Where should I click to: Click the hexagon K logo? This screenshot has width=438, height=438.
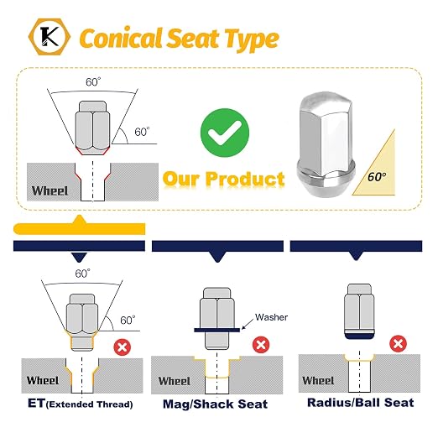50,37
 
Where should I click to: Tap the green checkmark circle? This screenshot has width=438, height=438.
225,133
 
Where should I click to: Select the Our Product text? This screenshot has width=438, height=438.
224,179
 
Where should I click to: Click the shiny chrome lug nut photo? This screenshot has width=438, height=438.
326,143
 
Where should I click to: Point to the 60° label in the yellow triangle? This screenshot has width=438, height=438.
377,176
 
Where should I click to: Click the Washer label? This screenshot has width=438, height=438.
271,317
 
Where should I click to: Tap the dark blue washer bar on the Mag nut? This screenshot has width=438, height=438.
217,330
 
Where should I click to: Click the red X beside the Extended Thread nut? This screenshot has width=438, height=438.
123,347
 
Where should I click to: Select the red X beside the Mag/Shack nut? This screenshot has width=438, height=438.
261,345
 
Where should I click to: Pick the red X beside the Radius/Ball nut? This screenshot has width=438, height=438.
398,343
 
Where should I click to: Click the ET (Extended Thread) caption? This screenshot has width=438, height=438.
81,404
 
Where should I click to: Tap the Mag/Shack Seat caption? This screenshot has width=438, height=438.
215,404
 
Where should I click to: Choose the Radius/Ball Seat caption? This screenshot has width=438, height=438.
361,403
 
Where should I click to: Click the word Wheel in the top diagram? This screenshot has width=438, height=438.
50,190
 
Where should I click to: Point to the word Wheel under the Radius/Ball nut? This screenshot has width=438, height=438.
318,380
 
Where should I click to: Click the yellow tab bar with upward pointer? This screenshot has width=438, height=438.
80,226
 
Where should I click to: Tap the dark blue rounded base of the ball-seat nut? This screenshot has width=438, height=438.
359,336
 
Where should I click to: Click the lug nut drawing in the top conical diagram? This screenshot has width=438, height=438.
92,128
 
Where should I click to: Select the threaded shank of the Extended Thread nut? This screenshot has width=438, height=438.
82,343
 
